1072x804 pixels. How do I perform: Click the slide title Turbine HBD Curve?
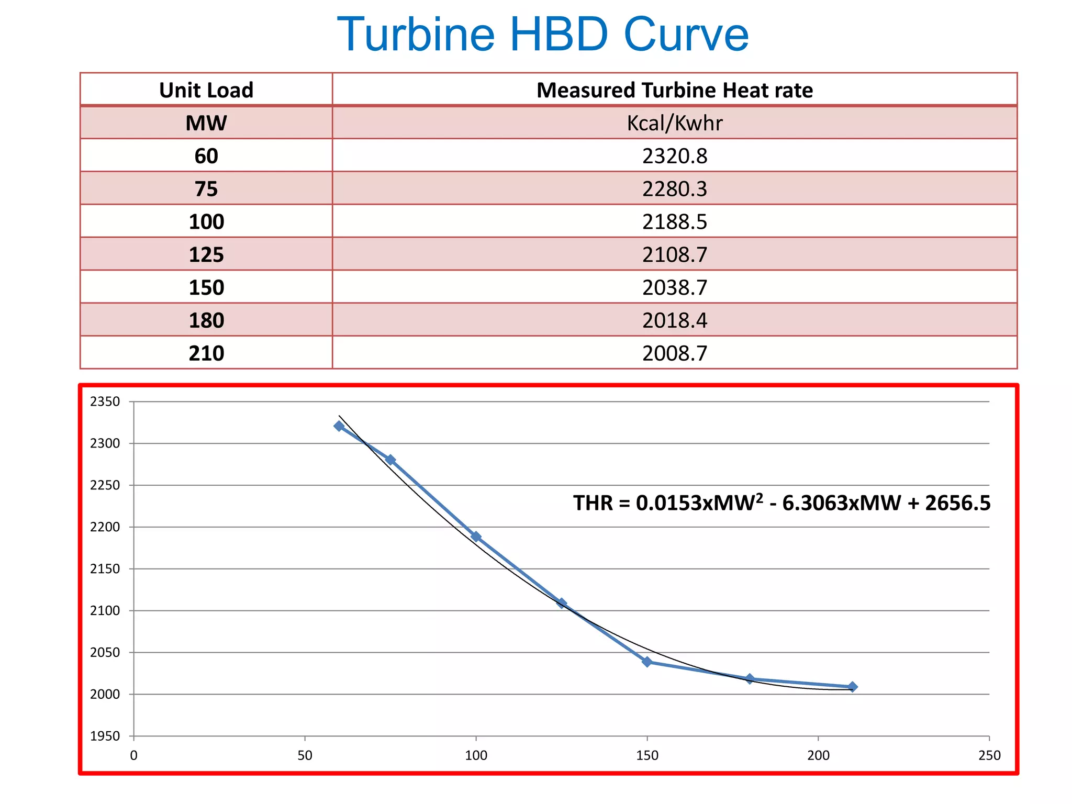pyautogui.click(x=543, y=35)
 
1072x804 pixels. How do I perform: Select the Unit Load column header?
pyautogui.click(x=206, y=90)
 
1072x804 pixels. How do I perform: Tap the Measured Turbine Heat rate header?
pyautogui.click(x=674, y=90)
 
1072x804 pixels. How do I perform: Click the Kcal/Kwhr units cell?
pyautogui.click(x=674, y=123)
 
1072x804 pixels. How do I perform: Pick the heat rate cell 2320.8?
pyautogui.click(x=674, y=156)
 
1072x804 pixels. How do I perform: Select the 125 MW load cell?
pyautogui.click(x=206, y=254)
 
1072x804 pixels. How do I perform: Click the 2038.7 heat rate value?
pyautogui.click(x=674, y=287)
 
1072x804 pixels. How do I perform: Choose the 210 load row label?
pyautogui.click(x=206, y=353)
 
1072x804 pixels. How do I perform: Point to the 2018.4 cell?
pyautogui.click(x=674, y=320)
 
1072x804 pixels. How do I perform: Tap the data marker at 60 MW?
pyautogui.click(x=339, y=426)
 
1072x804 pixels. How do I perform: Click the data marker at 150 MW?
pyautogui.click(x=647, y=662)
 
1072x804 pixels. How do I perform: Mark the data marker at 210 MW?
pyautogui.click(x=852, y=687)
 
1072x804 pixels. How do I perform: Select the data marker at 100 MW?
pyautogui.click(x=476, y=537)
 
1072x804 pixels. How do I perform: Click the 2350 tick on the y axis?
pyautogui.click(x=105, y=402)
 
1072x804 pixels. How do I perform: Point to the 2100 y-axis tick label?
pyautogui.click(x=105, y=611)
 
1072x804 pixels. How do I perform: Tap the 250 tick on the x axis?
pyautogui.click(x=989, y=755)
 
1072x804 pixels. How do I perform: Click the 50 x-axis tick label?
pyautogui.click(x=305, y=755)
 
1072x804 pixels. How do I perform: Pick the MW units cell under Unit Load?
pyautogui.click(x=206, y=123)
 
